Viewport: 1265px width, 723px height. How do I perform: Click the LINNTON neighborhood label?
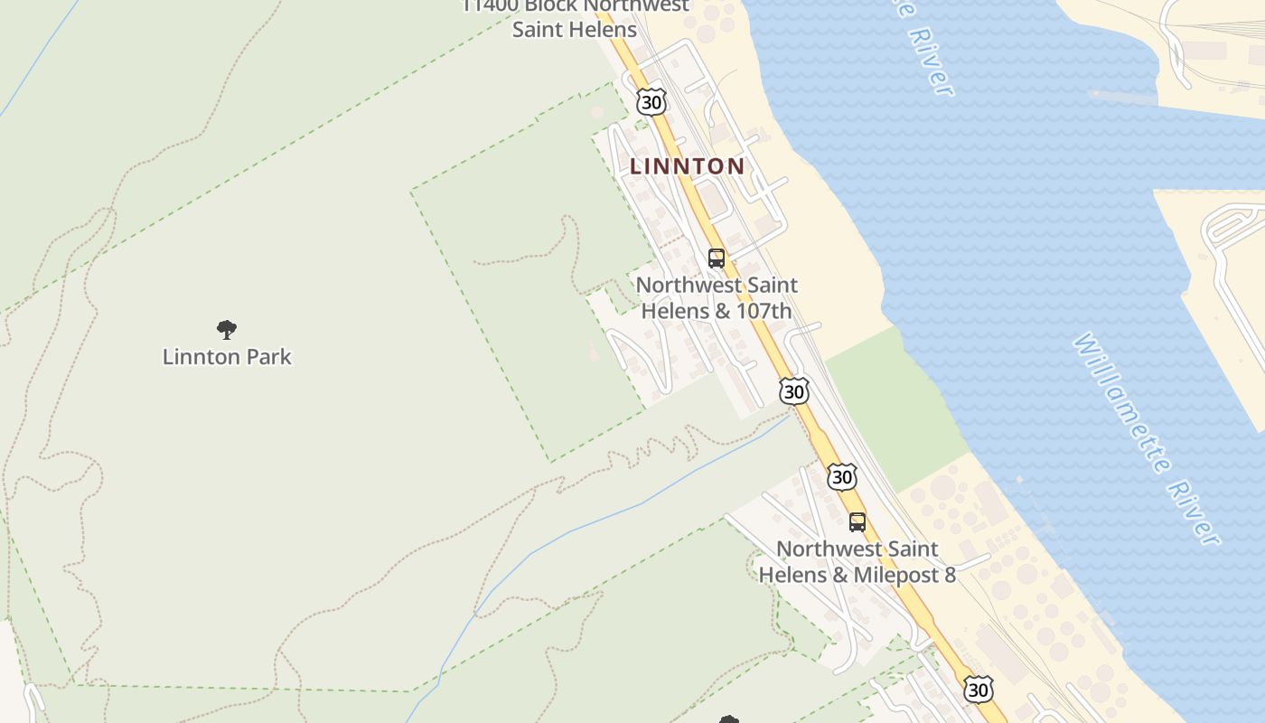click(687, 166)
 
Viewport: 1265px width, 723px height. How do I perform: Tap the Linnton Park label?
click(227, 357)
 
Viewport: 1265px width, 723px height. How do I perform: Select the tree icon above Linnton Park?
click(227, 329)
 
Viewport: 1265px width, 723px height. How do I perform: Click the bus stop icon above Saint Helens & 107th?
click(717, 258)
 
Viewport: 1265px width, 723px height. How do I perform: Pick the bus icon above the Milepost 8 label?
click(857, 521)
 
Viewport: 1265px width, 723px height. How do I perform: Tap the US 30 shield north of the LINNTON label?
click(651, 101)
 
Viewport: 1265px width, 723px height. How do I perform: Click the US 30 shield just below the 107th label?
click(794, 390)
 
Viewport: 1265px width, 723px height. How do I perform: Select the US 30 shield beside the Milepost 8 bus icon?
click(842, 476)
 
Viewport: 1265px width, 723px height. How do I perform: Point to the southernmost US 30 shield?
click(978, 690)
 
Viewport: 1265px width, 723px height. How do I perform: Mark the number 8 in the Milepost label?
click(949, 575)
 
